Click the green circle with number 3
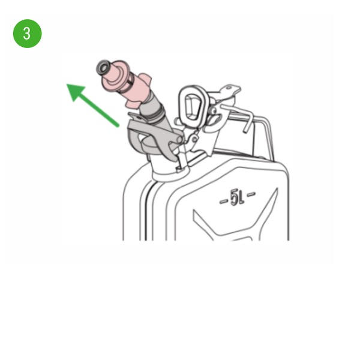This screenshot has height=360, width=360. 28,34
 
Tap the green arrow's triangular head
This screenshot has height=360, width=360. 75,91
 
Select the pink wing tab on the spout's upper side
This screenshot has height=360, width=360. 145,79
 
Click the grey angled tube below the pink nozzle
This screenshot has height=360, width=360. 156,115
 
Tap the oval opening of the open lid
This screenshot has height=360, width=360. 191,106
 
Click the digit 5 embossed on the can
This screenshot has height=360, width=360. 234,197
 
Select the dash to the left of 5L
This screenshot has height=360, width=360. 223,202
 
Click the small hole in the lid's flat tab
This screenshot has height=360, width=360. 229,88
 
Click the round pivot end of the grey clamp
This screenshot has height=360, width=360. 179,139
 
